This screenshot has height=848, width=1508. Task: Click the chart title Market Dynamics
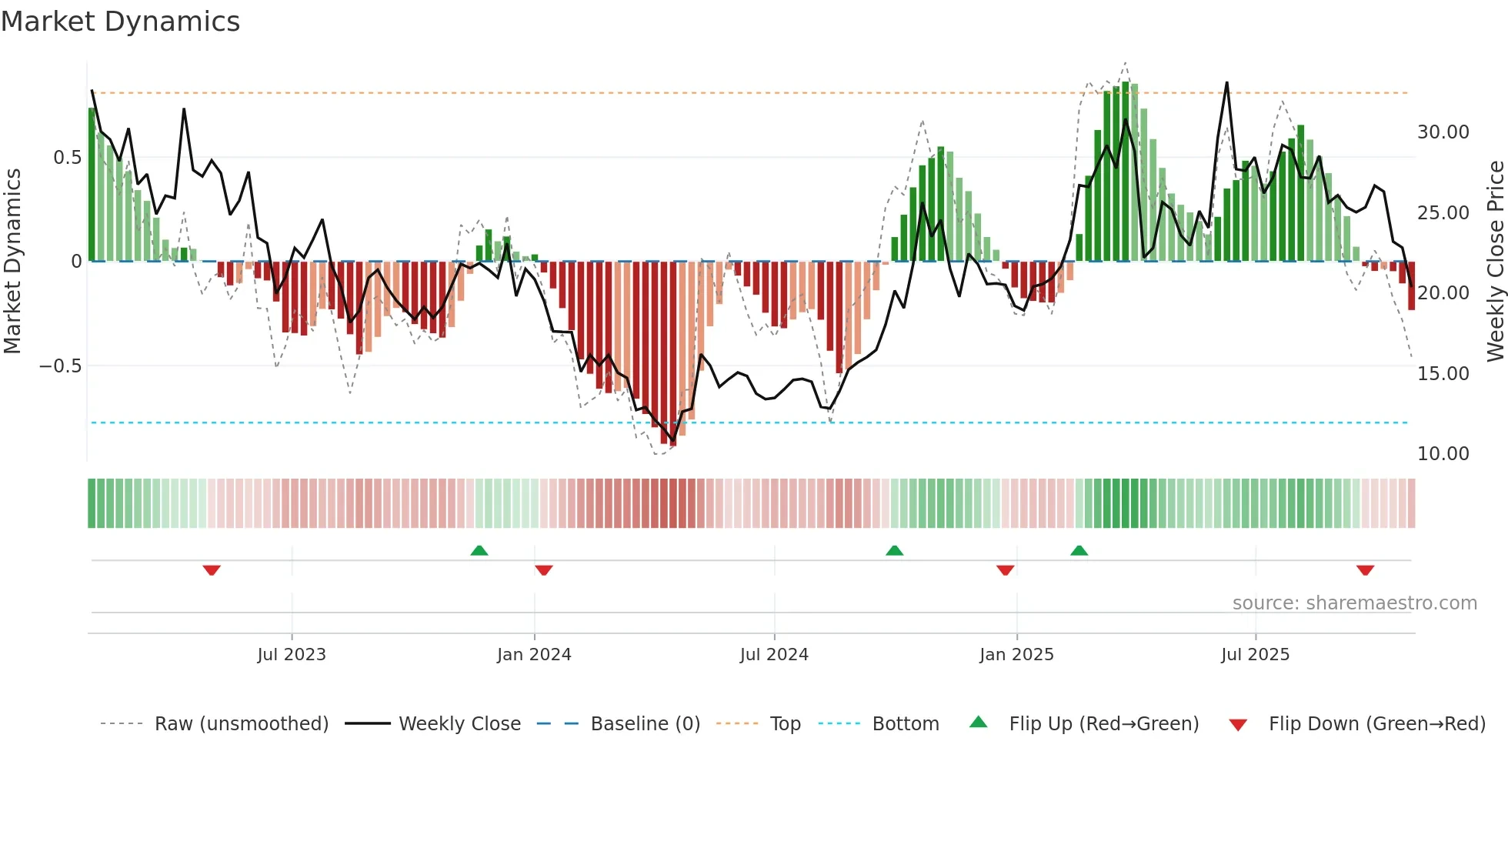pos(120,22)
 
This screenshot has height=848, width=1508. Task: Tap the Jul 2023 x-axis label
pos(292,655)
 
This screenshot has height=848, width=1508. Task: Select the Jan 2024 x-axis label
pos(534,655)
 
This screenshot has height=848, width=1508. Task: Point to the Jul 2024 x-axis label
pos(774,655)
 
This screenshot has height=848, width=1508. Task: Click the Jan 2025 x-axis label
pos(1016,655)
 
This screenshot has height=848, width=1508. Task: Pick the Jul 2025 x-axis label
pos(1255,655)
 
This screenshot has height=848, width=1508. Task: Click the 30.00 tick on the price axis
pos(1443,132)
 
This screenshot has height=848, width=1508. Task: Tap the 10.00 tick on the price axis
pos(1443,454)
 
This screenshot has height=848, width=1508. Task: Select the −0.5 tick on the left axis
pos(60,366)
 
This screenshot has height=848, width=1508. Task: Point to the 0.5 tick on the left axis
pos(67,158)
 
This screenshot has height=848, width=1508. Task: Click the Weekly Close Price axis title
pos(1495,261)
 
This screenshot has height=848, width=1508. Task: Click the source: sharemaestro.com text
pos(1354,603)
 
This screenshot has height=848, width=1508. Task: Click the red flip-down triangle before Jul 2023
pos(212,570)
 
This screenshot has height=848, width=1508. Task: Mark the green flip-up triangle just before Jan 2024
pos(479,550)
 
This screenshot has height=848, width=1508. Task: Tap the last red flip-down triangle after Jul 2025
pos(1365,570)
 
